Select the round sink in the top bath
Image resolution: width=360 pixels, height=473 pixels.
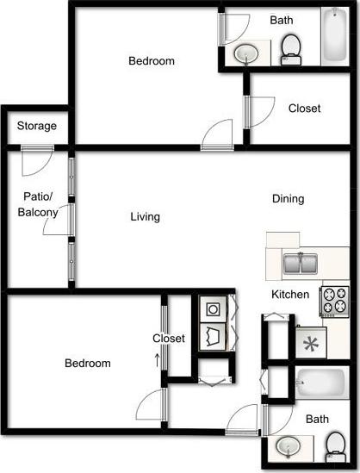click(x=247, y=54)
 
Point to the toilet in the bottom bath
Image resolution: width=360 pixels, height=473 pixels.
click(x=333, y=445)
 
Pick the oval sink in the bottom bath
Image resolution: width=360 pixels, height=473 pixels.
click(x=288, y=446)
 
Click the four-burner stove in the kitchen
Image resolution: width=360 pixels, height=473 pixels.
click(x=333, y=301)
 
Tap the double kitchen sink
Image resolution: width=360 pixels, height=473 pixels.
click(x=298, y=264)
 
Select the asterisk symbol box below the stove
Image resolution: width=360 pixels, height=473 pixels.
click(x=307, y=342)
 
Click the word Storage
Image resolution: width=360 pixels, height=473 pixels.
click(x=36, y=127)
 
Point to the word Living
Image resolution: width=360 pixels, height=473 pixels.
click(x=145, y=217)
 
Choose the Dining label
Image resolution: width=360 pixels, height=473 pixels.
click(x=288, y=199)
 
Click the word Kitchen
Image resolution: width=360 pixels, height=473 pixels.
click(x=290, y=295)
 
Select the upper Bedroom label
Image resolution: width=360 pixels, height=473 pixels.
click(x=152, y=61)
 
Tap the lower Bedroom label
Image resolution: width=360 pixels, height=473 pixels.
click(x=88, y=363)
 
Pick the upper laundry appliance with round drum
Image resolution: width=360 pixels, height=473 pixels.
click(x=212, y=307)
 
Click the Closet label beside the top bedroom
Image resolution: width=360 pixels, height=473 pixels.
click(x=304, y=109)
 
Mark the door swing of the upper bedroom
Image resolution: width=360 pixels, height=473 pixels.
click(x=215, y=134)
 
